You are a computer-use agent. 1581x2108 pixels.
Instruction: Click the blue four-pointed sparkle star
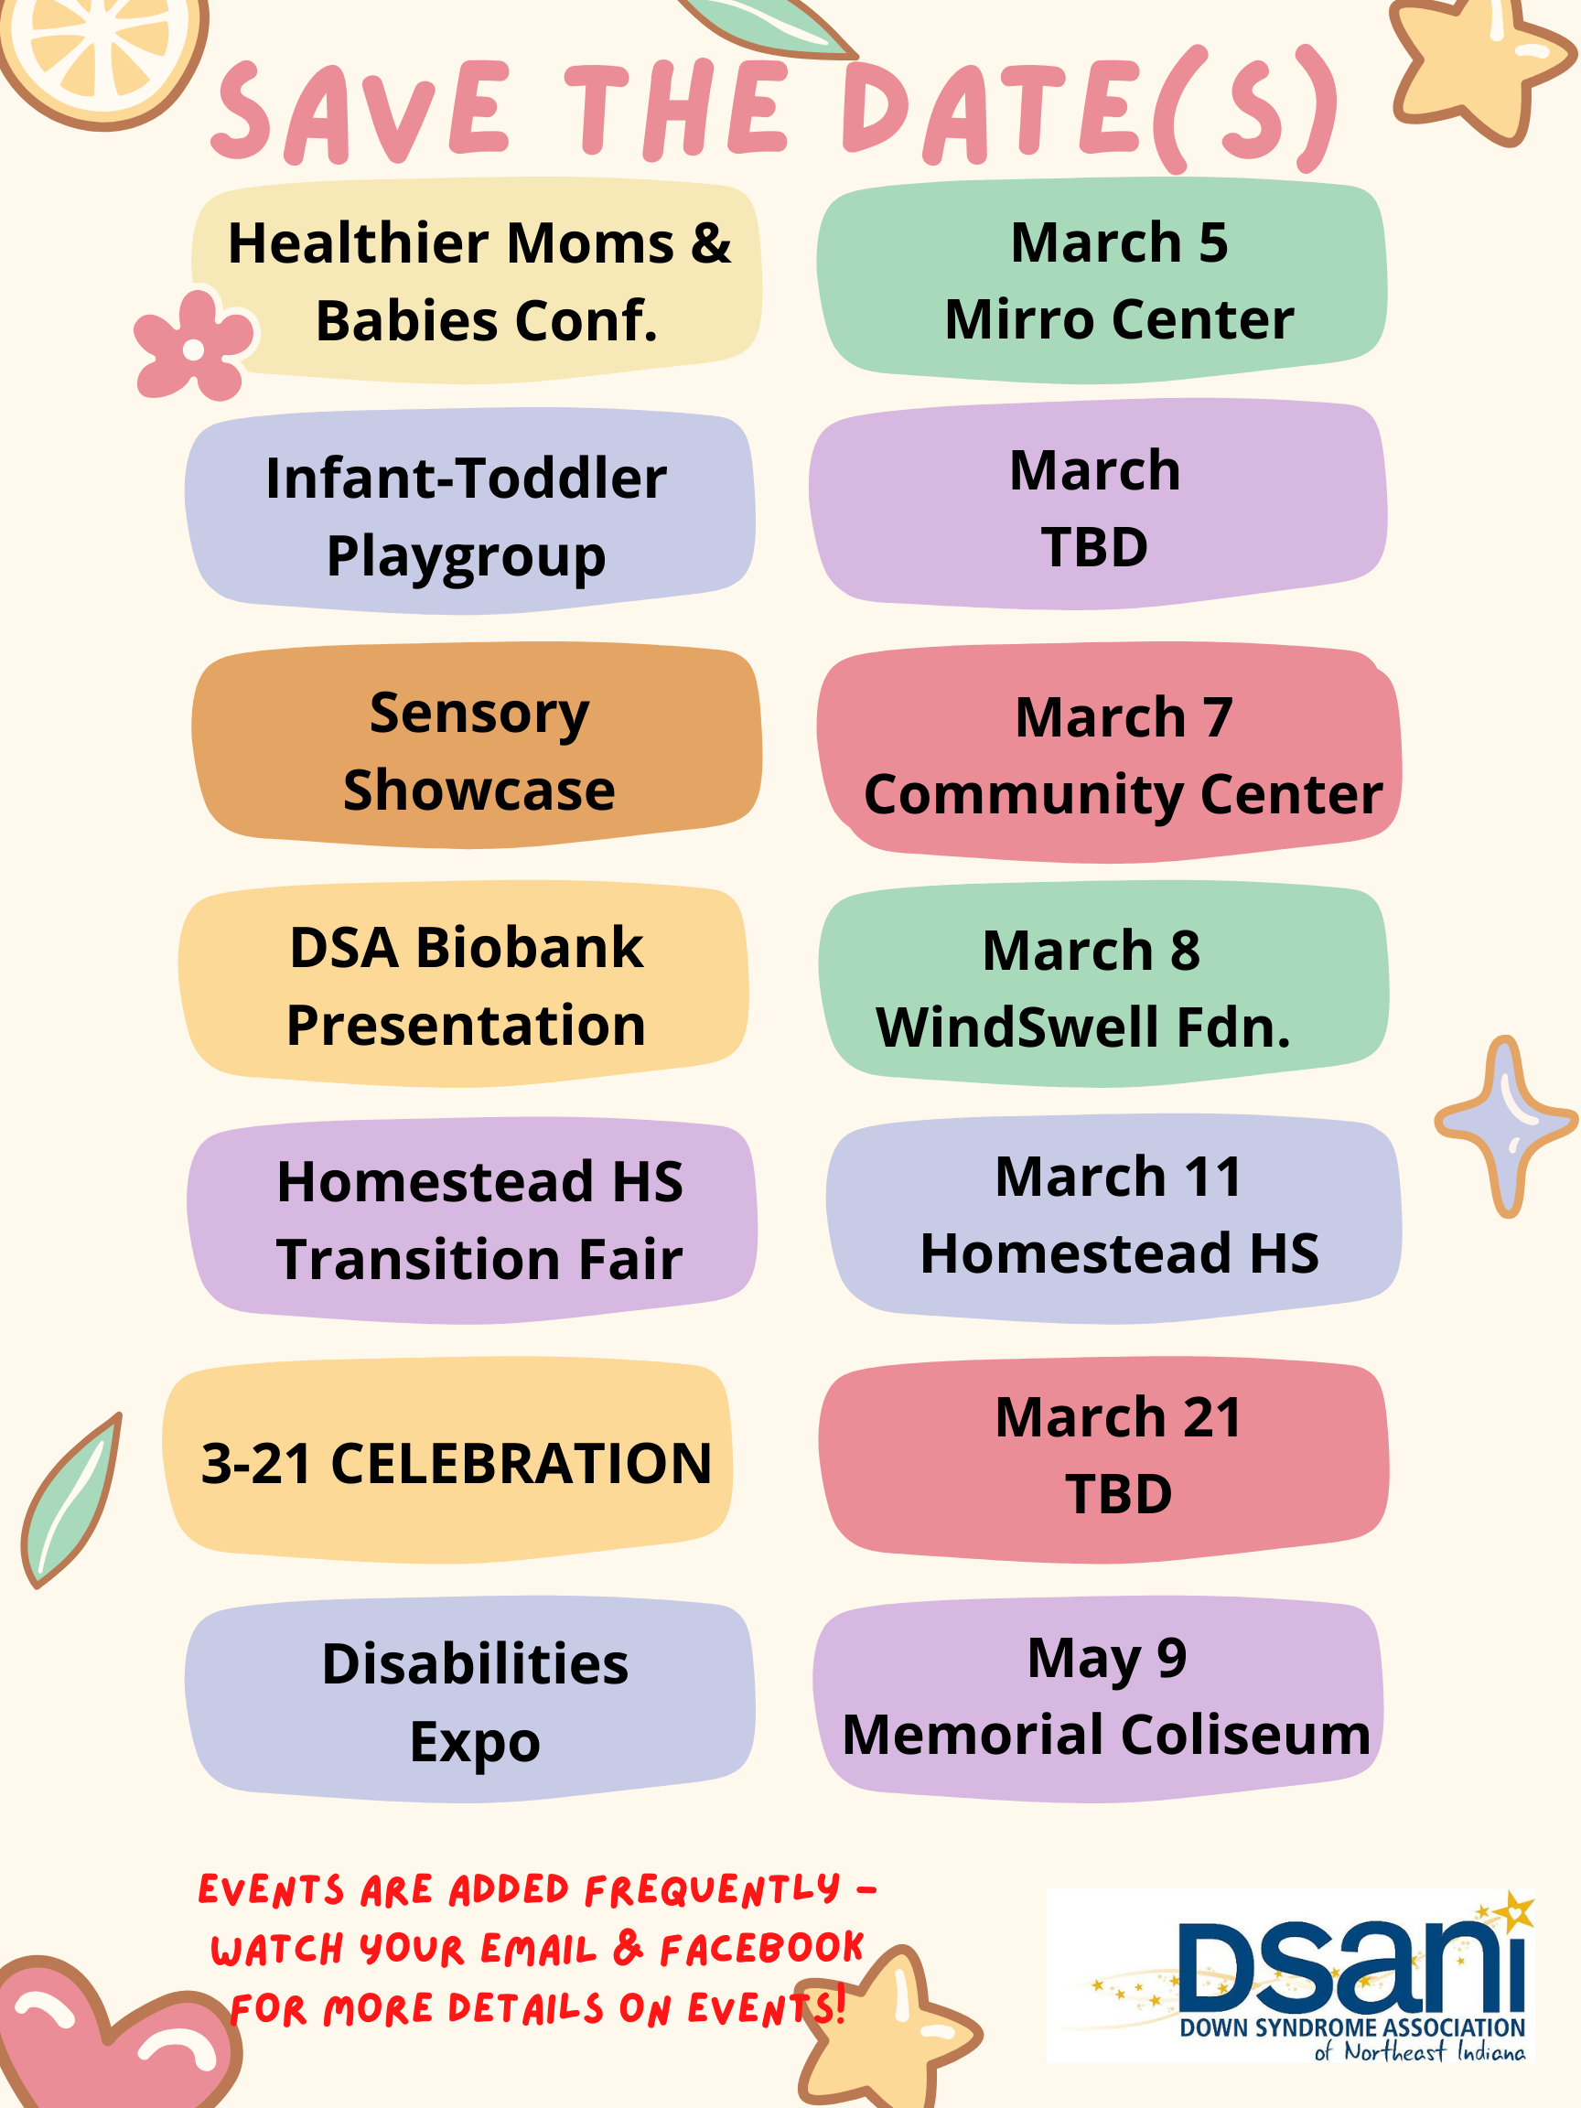pyautogui.click(x=1507, y=1125)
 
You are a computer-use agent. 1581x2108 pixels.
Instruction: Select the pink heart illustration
pyautogui.click(x=105, y=2039)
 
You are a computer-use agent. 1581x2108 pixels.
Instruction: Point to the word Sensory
pyautogui.click(x=479, y=713)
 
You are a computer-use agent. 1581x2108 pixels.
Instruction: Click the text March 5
pyautogui.click(x=1119, y=242)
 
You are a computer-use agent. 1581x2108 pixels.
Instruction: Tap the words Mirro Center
pyautogui.click(x=1119, y=319)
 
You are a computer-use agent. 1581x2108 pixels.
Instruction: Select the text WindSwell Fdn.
pyautogui.click(x=1083, y=1027)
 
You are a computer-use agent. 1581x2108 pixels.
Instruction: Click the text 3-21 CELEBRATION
pyautogui.click(x=457, y=1463)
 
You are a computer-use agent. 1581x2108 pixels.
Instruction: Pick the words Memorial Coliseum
pyautogui.click(x=1106, y=1735)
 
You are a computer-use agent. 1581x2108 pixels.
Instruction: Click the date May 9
pyautogui.click(x=1106, y=1659)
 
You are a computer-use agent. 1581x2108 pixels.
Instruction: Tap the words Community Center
pyautogui.click(x=1123, y=794)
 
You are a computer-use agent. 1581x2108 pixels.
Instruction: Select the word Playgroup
pyautogui.click(x=466, y=556)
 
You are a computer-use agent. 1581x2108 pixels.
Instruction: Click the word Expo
pyautogui.click(x=475, y=1742)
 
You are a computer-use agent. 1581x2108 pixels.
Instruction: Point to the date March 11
pyautogui.click(x=1119, y=1177)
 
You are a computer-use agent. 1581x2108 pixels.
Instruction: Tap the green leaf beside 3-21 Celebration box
pyautogui.click(x=71, y=1501)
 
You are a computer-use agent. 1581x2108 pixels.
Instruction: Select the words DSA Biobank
pyautogui.click(x=466, y=948)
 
